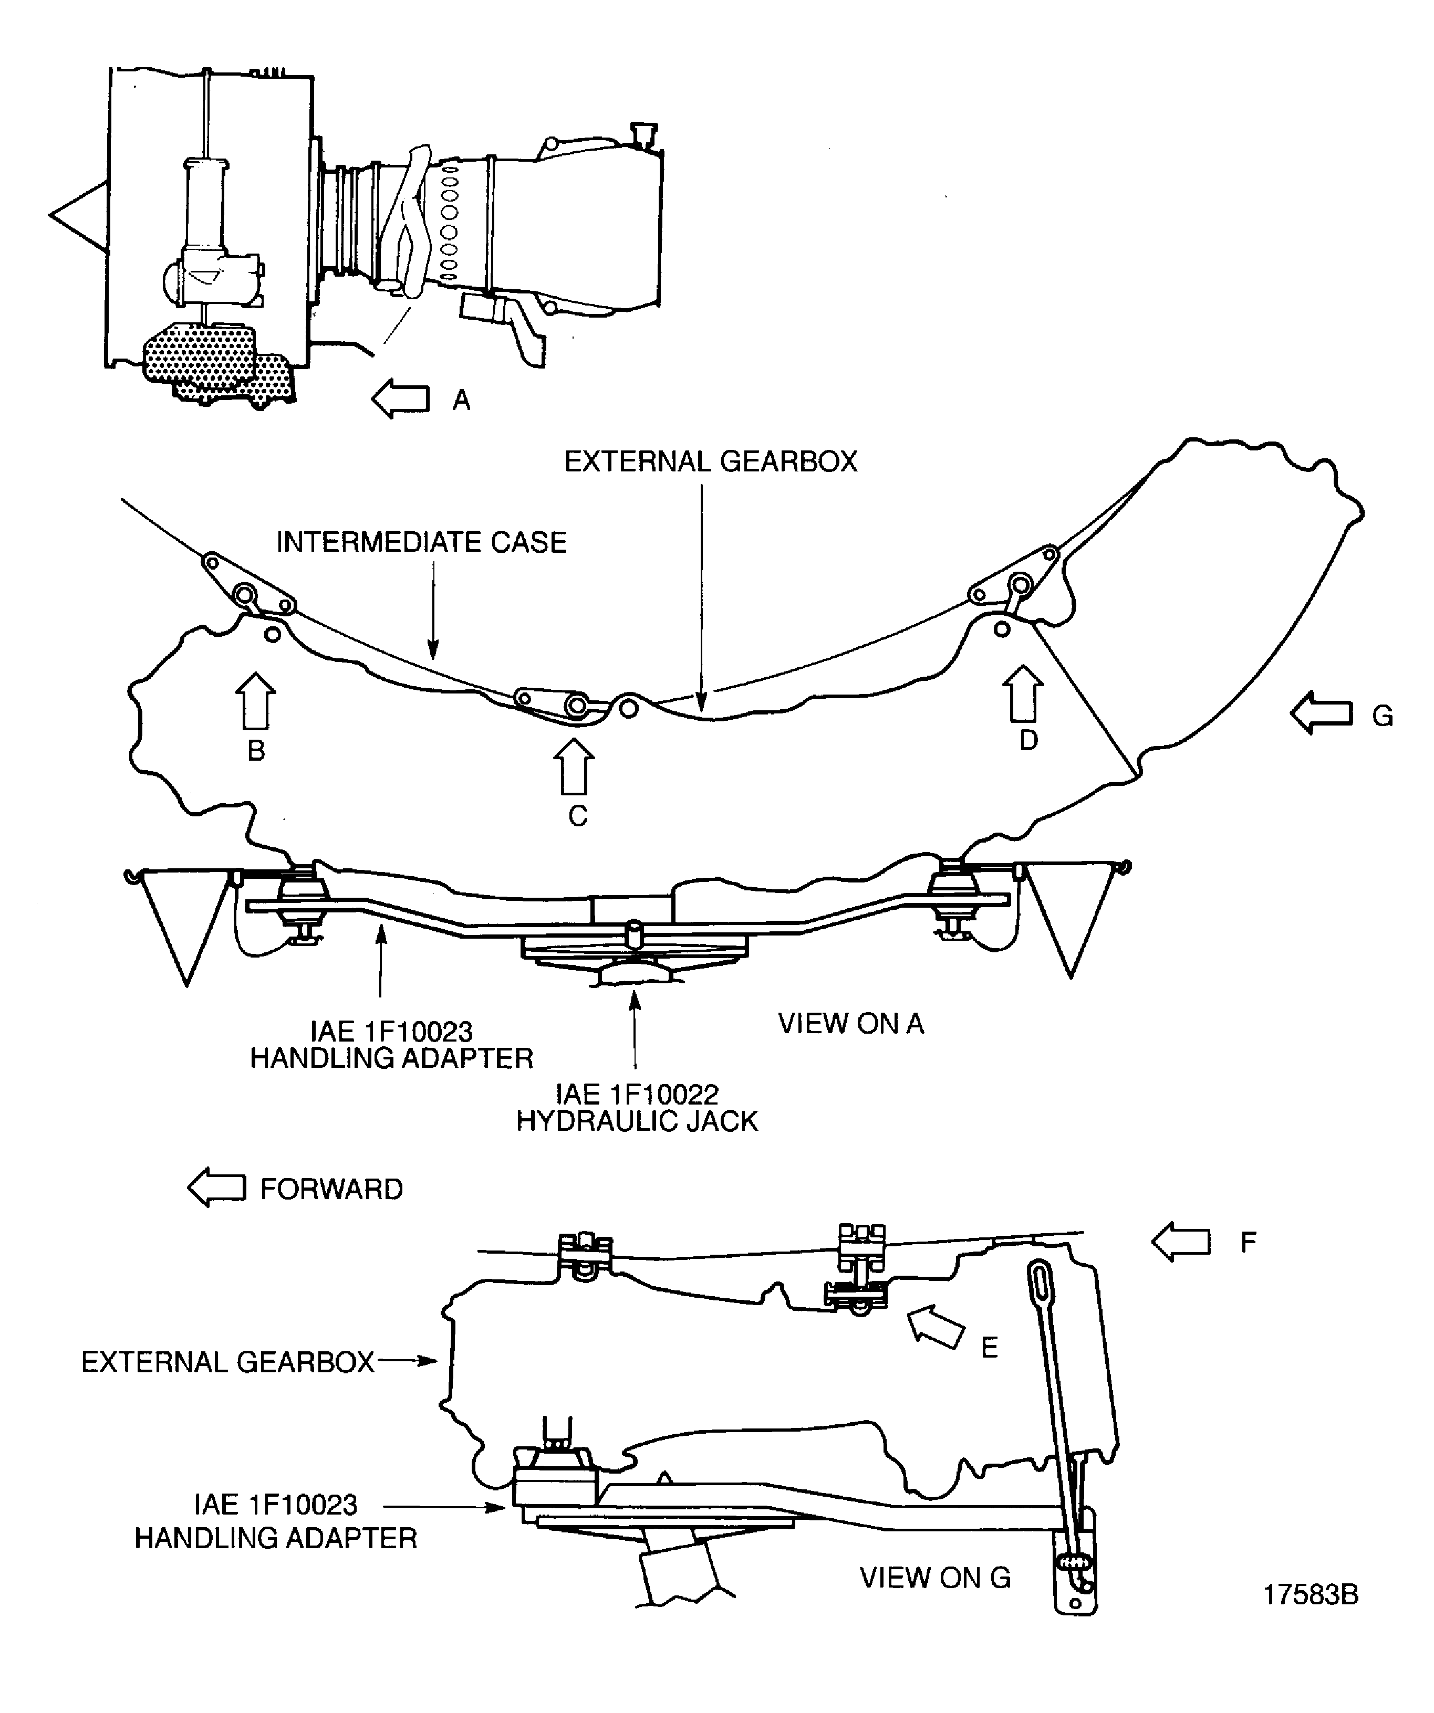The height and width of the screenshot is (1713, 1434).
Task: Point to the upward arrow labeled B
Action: point(255,701)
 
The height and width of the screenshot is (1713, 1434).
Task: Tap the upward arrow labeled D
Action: point(1023,693)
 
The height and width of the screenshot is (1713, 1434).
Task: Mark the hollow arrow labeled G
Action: point(1321,713)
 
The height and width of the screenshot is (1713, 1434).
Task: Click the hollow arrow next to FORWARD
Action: point(216,1189)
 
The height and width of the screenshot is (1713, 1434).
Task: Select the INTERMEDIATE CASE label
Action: point(421,542)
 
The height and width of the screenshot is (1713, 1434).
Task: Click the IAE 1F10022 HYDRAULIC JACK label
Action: point(637,1108)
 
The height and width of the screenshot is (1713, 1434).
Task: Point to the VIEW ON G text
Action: point(934,1578)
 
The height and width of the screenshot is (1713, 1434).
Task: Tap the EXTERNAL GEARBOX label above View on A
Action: point(710,461)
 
